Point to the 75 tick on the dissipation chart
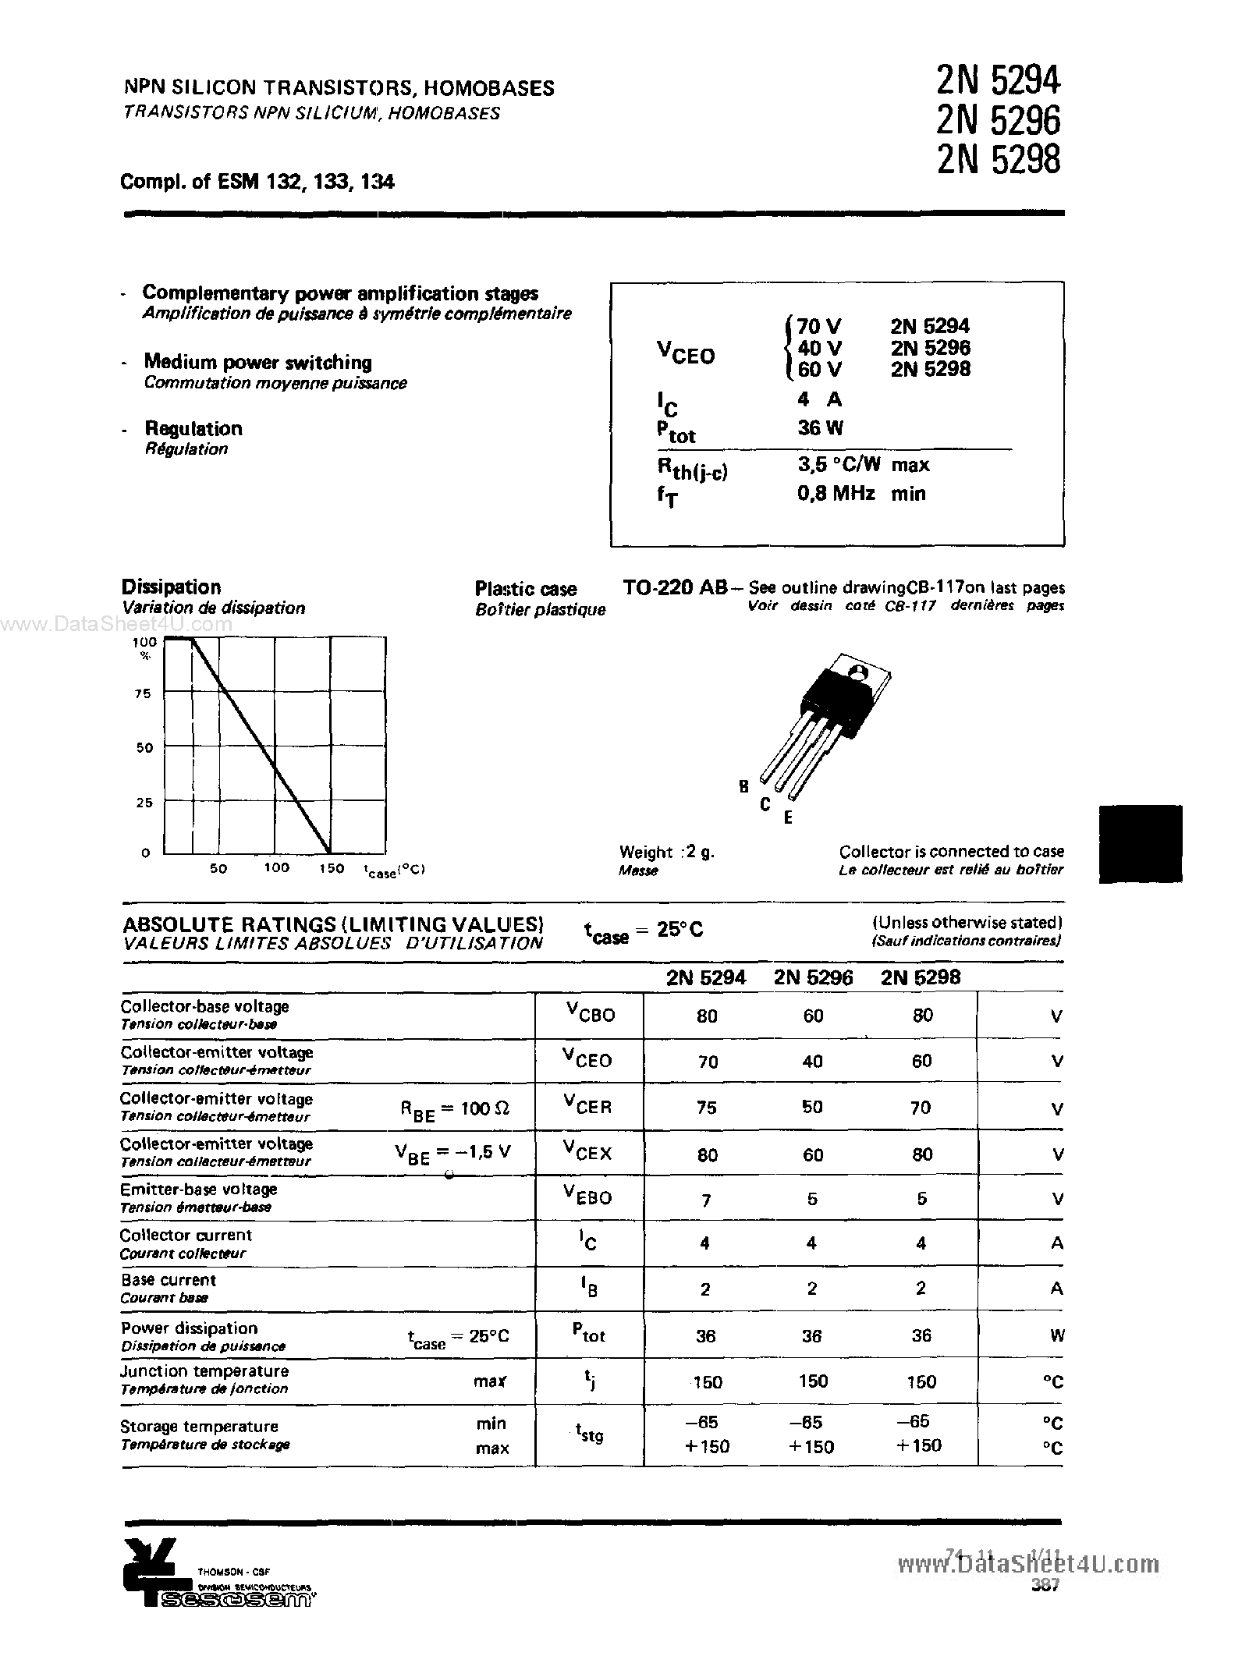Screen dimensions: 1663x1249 pos(143,693)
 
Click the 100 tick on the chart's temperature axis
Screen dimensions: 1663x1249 pos(276,867)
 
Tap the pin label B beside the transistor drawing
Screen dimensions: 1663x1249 pos(743,786)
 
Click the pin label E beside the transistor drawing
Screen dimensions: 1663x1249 pos(788,818)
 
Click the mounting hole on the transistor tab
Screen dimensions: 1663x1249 pos(857,672)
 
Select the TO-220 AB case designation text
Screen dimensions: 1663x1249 pos(675,587)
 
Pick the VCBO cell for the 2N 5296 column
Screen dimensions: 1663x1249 pos(812,1016)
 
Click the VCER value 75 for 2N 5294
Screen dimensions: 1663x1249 pos(706,1108)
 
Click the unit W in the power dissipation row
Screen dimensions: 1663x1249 pos(1056,1335)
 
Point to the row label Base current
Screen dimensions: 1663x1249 pos(169,1280)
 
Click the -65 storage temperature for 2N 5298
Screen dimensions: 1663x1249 pos(921,1421)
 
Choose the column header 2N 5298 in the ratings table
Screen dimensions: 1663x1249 pos(921,977)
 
